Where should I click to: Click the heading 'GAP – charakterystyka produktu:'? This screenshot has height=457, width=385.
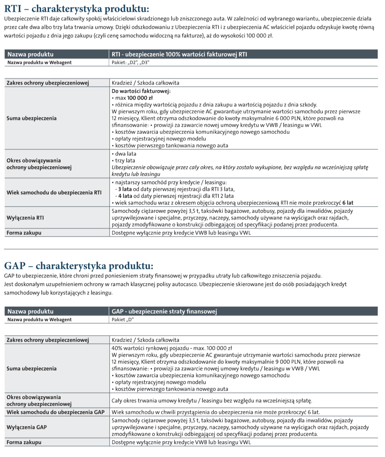(79, 266)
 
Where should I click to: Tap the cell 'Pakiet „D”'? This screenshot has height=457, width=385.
(123, 320)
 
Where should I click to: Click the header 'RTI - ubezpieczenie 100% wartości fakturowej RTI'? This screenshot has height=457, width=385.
(179, 54)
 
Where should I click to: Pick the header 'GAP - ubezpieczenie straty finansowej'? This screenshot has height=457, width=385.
(164, 311)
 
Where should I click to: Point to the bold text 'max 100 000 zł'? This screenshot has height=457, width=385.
(134, 98)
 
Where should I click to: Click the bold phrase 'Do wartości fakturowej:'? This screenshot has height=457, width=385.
(141, 91)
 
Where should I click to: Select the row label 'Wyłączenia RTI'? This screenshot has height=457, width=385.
(25, 218)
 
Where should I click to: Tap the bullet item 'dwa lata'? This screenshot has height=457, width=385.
(126, 154)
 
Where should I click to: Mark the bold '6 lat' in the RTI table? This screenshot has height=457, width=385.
(348, 203)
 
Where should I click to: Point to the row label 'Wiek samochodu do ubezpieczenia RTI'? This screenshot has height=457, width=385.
(54, 193)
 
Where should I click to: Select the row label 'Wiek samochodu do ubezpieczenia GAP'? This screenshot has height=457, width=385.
(56, 412)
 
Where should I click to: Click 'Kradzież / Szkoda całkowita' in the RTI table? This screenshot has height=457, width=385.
(145, 83)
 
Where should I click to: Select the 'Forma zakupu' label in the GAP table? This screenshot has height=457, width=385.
(24, 442)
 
